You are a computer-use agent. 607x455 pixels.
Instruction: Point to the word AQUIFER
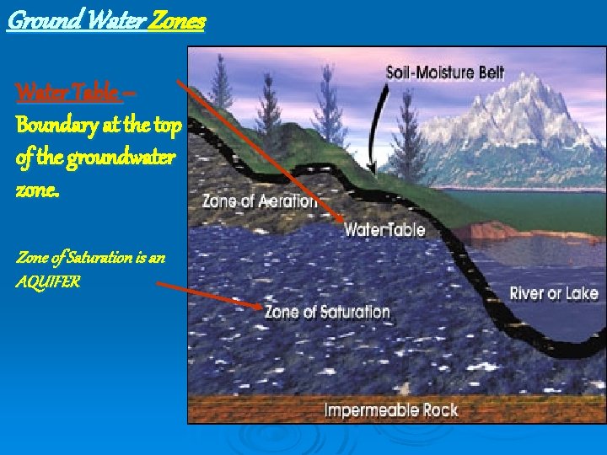[x=48, y=282]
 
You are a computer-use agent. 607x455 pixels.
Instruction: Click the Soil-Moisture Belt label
[x=444, y=72]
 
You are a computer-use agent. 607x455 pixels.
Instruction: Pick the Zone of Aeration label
[x=260, y=201]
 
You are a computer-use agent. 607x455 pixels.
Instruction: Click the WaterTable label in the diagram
[x=384, y=229]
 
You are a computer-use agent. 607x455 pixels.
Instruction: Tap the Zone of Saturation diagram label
[x=327, y=312]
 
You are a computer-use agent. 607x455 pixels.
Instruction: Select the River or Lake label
[x=553, y=293]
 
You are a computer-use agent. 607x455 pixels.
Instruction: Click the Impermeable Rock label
[x=391, y=410]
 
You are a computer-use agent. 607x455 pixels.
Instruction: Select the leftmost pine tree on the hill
[x=220, y=84]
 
